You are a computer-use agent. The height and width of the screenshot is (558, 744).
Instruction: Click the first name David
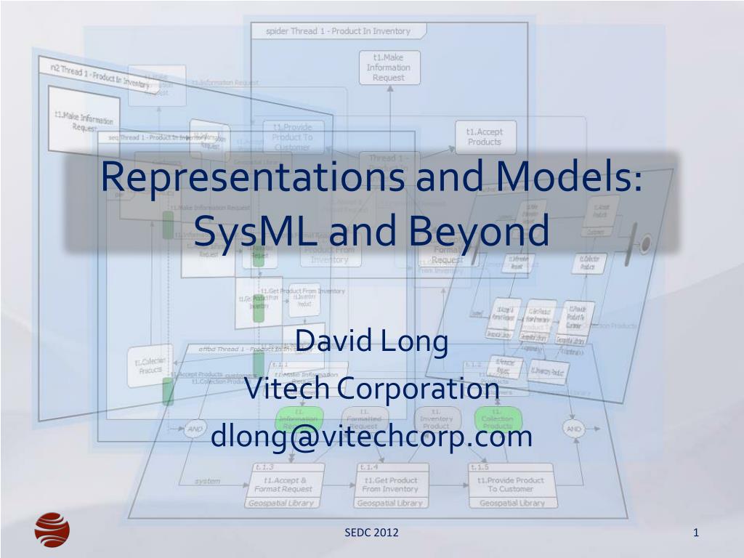click(332, 341)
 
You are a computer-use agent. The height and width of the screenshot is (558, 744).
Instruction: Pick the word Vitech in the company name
click(286, 389)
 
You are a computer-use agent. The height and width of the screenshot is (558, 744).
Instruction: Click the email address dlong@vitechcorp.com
click(371, 437)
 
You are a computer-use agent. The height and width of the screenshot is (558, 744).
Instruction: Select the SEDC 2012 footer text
click(371, 533)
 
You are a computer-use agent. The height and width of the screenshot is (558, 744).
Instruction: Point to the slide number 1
click(695, 533)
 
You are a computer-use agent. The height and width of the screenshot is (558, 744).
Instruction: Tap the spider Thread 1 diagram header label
click(338, 31)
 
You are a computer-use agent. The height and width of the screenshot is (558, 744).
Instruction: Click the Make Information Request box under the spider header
click(388, 68)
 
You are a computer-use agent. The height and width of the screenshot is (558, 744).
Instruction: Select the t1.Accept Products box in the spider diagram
click(484, 137)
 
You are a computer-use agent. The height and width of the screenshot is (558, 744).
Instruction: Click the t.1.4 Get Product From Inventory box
click(390, 485)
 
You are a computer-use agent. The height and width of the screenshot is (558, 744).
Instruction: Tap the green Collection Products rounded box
click(498, 420)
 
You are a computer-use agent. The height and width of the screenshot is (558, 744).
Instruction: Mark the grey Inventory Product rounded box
click(436, 420)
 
